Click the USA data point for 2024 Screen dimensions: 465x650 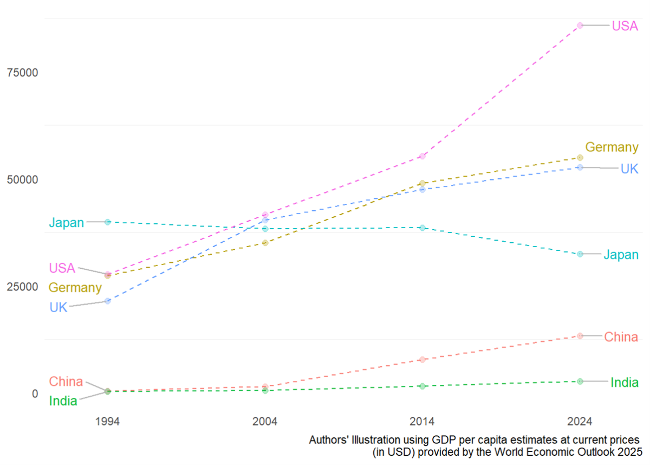(x=580, y=25)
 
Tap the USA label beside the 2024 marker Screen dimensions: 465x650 (x=625, y=25)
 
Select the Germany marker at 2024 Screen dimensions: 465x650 (x=580, y=158)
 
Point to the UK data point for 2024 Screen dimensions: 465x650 (x=580, y=167)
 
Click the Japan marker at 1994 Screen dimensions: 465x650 (x=107, y=222)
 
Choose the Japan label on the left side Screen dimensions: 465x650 (x=67, y=222)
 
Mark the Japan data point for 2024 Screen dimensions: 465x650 (x=580, y=254)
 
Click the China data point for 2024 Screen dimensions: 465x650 (x=580, y=336)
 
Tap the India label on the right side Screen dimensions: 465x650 (x=624, y=382)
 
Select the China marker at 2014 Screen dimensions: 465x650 (x=422, y=359)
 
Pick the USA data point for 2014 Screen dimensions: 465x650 (x=422, y=156)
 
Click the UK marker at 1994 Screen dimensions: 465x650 (x=107, y=301)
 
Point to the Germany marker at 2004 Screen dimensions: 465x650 (x=265, y=243)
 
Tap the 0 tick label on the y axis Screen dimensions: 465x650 (x=35, y=393)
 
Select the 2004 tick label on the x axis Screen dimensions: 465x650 (x=265, y=422)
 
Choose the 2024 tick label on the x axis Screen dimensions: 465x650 (x=580, y=422)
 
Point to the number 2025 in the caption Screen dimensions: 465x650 (x=629, y=451)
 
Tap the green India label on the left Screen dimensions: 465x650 (x=63, y=402)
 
